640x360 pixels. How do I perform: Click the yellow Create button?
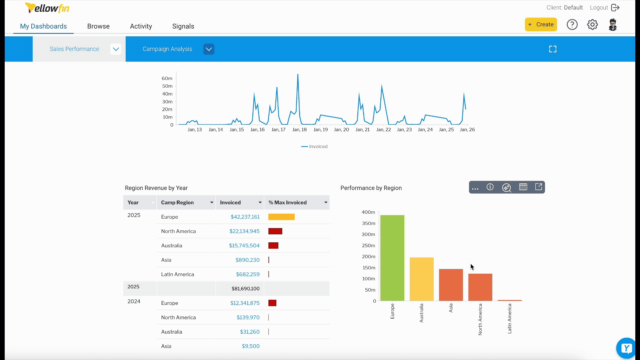pos(541,24)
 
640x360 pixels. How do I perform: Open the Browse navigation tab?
pos(98,26)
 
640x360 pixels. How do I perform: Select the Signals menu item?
pos(183,26)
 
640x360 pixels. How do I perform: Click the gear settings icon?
pos(592,25)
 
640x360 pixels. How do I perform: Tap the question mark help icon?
pos(572,25)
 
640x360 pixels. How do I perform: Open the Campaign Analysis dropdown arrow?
pos(209,49)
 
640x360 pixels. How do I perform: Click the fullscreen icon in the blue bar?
pos(553,49)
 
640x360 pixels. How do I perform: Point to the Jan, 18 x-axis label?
pos(299,130)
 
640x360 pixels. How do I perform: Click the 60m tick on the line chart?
pos(167,78)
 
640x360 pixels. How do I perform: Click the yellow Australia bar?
pos(421,279)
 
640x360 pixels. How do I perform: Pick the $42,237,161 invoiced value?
pos(245,217)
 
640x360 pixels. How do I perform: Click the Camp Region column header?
pos(177,202)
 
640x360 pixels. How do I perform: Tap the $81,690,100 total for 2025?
pos(245,289)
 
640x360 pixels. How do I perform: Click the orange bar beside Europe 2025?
pos(281,217)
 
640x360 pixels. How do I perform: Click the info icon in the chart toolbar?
pos(490,187)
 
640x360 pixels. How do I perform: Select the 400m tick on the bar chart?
pos(368,212)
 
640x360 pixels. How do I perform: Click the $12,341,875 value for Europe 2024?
pos(245,303)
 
